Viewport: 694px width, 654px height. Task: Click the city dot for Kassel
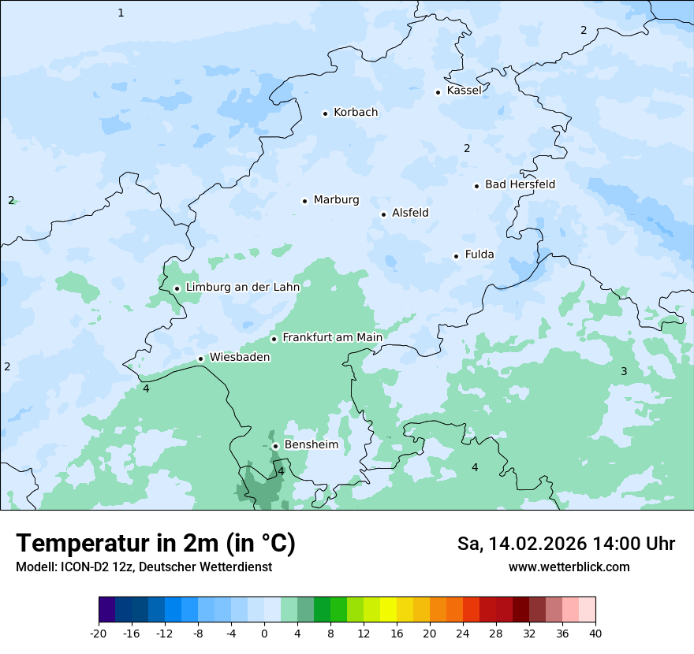[438, 92]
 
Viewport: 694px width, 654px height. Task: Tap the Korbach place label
[356, 113]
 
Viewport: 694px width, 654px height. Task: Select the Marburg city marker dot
[304, 201]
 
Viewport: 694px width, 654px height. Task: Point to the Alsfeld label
[410, 213]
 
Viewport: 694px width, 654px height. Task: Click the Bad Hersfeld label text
[520, 184]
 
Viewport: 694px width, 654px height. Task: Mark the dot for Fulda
[456, 256]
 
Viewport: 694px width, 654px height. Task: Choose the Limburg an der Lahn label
[242, 288]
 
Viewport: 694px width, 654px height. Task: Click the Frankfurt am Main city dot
[274, 339]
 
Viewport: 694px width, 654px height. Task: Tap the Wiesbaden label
[239, 357]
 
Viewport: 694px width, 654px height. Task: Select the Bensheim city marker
[275, 446]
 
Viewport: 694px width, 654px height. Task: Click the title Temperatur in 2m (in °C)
[155, 543]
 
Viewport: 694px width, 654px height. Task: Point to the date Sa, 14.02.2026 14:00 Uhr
[565, 544]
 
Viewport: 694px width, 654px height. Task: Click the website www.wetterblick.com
[569, 567]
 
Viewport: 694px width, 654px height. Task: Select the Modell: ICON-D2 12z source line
[144, 567]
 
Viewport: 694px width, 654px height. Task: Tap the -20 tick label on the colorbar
[99, 634]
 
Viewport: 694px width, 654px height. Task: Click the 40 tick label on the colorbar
[595, 634]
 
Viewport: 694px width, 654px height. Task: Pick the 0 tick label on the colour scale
[264, 634]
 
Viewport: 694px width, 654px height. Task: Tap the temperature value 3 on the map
[623, 371]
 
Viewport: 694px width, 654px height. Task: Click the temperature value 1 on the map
[121, 13]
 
